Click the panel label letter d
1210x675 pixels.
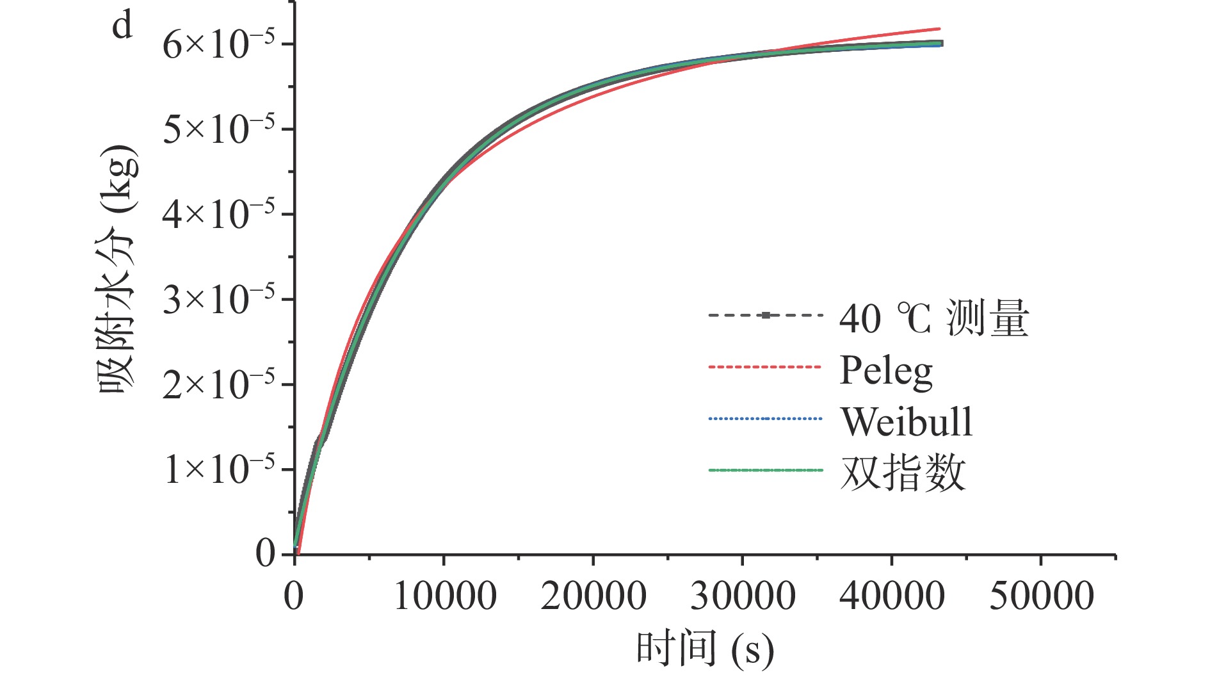(122, 26)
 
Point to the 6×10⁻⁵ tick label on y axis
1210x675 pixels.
(218, 45)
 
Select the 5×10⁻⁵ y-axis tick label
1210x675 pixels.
(218, 129)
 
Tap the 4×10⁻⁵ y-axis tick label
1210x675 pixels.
(218, 215)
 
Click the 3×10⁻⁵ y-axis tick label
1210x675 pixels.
(218, 300)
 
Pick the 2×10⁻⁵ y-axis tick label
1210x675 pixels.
(218, 385)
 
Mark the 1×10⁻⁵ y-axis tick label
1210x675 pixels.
(218, 470)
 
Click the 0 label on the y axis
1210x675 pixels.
(265, 553)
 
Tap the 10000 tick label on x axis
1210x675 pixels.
(444, 596)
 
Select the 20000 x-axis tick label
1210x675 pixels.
(593, 596)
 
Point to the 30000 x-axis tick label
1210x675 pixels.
(743, 596)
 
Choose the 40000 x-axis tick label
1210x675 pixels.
(892, 596)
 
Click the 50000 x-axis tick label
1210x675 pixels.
(1042, 596)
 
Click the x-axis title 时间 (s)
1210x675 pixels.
(705, 649)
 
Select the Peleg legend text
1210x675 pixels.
(886, 371)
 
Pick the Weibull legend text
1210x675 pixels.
(907, 422)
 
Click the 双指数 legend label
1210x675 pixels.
(903, 474)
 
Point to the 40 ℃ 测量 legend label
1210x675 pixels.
(933, 318)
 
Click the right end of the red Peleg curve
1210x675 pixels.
(939, 29)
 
